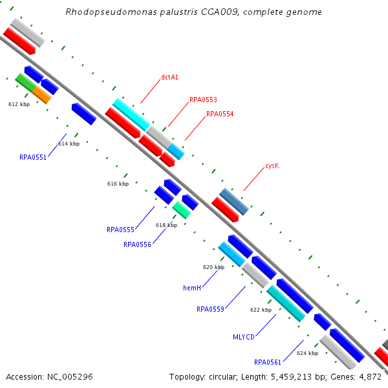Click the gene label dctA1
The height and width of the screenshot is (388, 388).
[x=169, y=78]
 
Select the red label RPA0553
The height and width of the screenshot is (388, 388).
[x=203, y=100]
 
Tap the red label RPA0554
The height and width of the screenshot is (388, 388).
[x=220, y=114]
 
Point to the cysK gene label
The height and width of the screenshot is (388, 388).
[x=272, y=166]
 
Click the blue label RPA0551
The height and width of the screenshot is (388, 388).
[x=33, y=157]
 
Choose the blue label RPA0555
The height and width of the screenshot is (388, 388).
[x=120, y=230]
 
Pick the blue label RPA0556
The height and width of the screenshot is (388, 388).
[x=137, y=244]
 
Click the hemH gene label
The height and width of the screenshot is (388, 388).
[x=193, y=287]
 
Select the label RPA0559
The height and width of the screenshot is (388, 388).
[x=210, y=309]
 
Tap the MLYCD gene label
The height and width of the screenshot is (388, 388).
[x=244, y=337]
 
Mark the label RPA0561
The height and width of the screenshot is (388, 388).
[x=268, y=362]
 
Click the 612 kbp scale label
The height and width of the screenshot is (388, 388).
[x=19, y=104]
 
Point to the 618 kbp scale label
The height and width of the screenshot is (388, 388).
[x=166, y=225]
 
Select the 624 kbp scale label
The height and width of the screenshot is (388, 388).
[x=307, y=354]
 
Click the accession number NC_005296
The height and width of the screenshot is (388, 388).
[x=70, y=376]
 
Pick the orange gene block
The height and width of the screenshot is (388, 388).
[x=41, y=95]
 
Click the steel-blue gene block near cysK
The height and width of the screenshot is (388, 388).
[x=234, y=202]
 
